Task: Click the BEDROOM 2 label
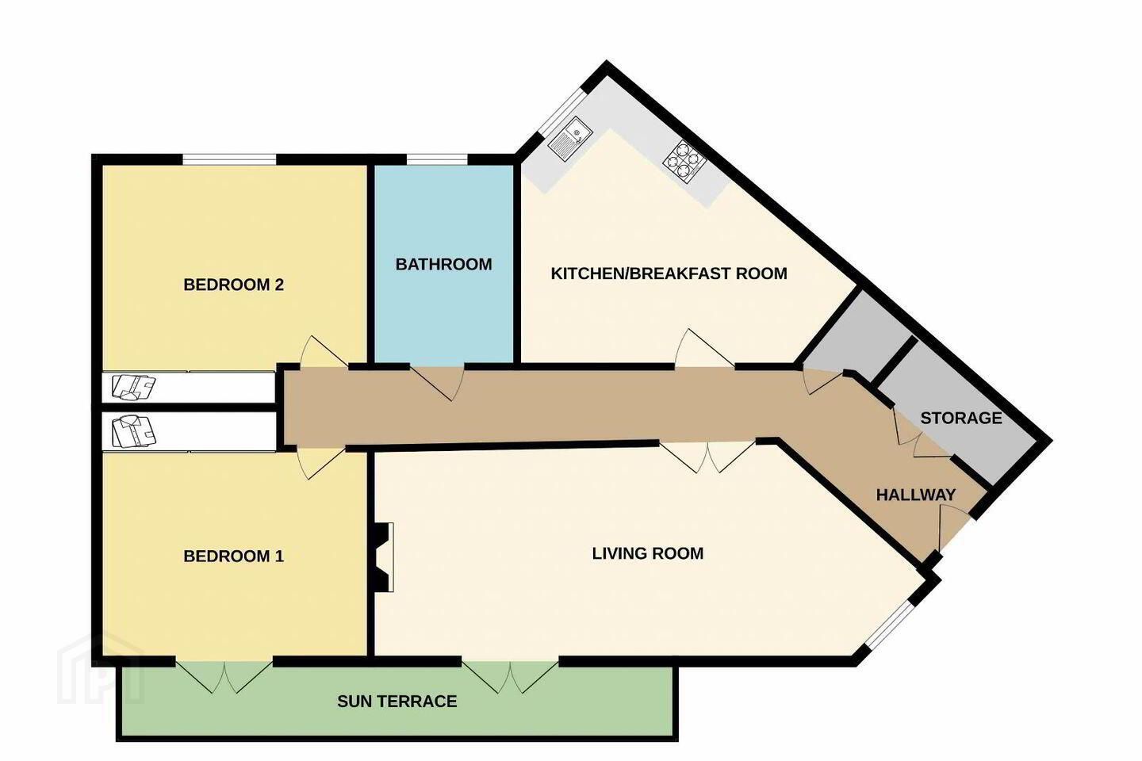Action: [x=233, y=285]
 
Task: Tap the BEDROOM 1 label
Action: [x=233, y=556]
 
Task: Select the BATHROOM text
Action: [x=443, y=264]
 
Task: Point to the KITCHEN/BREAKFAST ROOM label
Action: [x=669, y=273]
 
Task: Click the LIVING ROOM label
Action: [x=647, y=553]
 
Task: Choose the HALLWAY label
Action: [x=916, y=495]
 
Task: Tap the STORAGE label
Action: [x=961, y=418]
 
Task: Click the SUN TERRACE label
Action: [x=397, y=702]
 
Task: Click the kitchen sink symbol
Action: [x=569, y=140]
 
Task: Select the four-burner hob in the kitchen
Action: [x=684, y=162]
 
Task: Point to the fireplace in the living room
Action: [x=382, y=557]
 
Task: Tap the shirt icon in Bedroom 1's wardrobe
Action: [x=133, y=431]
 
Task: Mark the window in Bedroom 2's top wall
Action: [x=229, y=159]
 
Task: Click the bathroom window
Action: [x=437, y=159]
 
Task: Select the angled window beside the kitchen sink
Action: [x=562, y=112]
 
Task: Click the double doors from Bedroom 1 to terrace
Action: [x=224, y=676]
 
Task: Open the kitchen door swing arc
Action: [x=704, y=349]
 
